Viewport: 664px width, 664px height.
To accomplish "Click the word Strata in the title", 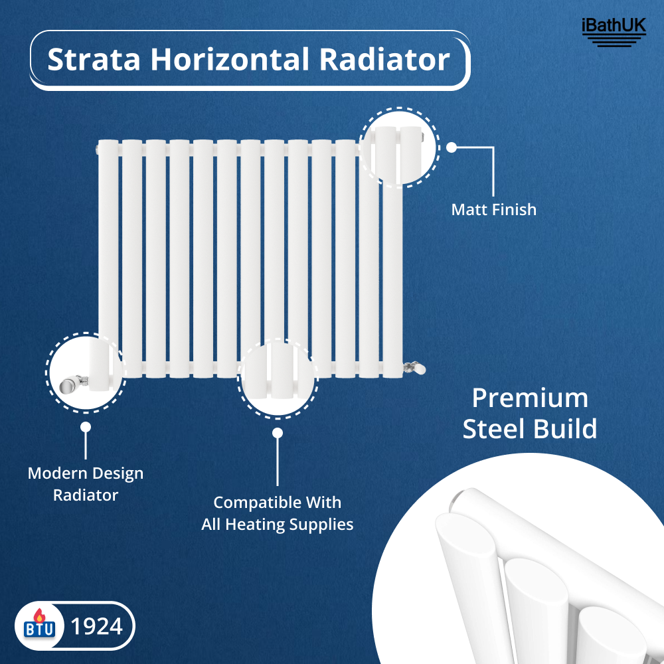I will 94,60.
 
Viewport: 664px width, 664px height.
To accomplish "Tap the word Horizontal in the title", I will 229,60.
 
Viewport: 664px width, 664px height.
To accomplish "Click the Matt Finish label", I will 493,210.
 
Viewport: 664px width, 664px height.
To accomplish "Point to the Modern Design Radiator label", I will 86,484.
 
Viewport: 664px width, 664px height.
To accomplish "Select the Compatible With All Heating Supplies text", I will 278,513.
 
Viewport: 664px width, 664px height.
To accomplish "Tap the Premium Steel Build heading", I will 530,414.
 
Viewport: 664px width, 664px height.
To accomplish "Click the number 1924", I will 96,626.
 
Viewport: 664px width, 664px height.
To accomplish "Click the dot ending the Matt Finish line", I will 452,147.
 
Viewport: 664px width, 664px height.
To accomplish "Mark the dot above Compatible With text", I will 278,433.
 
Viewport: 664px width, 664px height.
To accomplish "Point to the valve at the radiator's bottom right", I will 415,367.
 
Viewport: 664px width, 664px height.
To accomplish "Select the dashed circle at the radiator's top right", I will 399,145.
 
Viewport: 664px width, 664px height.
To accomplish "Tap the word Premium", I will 530,398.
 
